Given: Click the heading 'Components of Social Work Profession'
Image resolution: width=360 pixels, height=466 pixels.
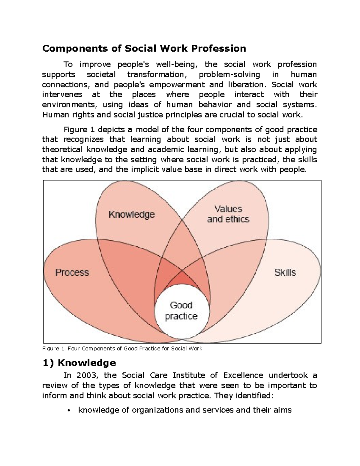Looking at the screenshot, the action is point(144,48).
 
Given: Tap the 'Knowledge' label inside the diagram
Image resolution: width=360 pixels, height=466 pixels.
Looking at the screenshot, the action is point(131,215).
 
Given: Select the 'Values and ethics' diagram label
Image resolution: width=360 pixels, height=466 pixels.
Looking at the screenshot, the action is point(228,214).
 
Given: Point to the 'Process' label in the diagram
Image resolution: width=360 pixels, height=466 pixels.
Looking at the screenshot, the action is point(72,272).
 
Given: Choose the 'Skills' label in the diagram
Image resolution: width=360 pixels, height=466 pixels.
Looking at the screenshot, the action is point(285,272).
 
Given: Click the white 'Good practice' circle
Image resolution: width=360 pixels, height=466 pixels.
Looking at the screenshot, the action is point(181,311).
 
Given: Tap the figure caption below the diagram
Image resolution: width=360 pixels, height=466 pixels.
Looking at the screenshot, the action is point(122,349).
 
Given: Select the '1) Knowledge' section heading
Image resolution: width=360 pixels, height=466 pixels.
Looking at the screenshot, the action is point(79,363).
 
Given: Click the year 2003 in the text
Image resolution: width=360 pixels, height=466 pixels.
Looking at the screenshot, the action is point(87,375).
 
